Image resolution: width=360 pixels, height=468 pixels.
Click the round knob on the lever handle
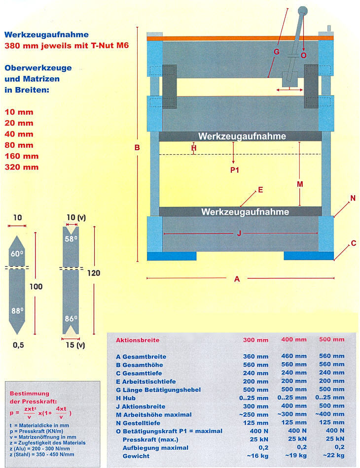pyautogui.click(x=302, y=11)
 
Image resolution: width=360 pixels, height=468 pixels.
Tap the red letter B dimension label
pyautogui.click(x=137, y=147)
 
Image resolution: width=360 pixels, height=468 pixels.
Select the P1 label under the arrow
pyautogui.click(x=235, y=170)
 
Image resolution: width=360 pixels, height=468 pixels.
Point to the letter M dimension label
pyautogui.click(x=300, y=184)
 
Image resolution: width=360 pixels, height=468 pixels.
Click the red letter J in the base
pyautogui.click(x=239, y=234)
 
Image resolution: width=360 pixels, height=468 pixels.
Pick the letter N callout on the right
pyautogui.click(x=353, y=198)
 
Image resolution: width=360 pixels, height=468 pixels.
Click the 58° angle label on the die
pyautogui.click(x=71, y=239)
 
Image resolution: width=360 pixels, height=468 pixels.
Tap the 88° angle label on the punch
pyautogui.click(x=17, y=311)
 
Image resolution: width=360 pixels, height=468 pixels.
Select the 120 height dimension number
pyautogui.click(x=94, y=273)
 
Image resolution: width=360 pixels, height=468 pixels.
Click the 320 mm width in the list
pyautogui.click(x=22, y=167)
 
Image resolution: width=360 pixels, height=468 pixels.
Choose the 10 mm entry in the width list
pyautogui.click(x=19, y=112)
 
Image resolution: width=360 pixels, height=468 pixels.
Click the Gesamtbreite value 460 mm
pyautogui.click(x=294, y=356)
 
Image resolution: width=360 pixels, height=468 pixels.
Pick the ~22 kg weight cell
pyautogui.click(x=334, y=455)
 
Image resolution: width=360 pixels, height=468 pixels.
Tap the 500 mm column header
pyautogui.click(x=331, y=339)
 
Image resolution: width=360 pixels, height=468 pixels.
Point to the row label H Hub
pyautogui.click(x=126, y=398)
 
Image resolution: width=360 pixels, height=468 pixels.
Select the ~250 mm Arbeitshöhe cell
pyautogui.click(x=253, y=415)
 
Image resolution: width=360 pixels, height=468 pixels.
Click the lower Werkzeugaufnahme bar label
pyautogui.click(x=245, y=212)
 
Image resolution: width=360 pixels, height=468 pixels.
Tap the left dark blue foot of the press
pyautogui.click(x=172, y=256)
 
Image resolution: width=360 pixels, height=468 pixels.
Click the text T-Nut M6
pyautogui.click(x=109, y=45)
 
